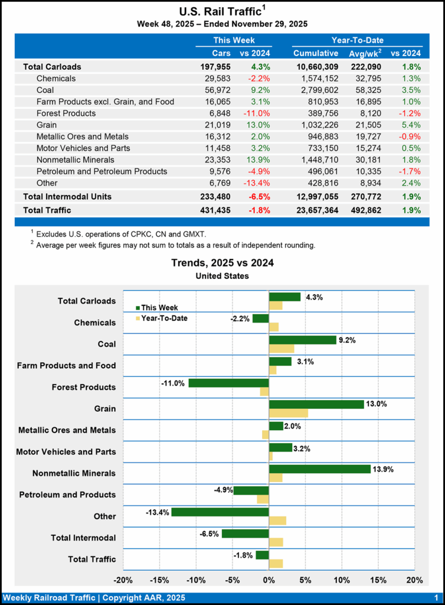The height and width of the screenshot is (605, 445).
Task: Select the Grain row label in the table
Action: click(47, 125)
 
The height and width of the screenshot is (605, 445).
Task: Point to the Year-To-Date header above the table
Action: click(358, 40)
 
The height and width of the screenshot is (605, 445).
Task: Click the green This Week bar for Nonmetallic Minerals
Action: click(319, 469)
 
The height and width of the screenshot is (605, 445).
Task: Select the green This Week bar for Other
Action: click(220, 512)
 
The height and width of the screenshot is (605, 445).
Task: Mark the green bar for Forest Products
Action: click(228, 383)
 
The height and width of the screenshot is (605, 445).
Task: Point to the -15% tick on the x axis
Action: click(159, 580)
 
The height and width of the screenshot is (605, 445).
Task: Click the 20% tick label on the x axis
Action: click(414, 580)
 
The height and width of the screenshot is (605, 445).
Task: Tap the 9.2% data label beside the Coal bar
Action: click(348, 340)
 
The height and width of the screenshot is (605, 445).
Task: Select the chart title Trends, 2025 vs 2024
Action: click(222, 263)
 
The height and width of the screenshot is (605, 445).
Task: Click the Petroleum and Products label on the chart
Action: click(67, 495)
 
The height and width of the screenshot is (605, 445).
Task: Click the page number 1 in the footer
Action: click(434, 597)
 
